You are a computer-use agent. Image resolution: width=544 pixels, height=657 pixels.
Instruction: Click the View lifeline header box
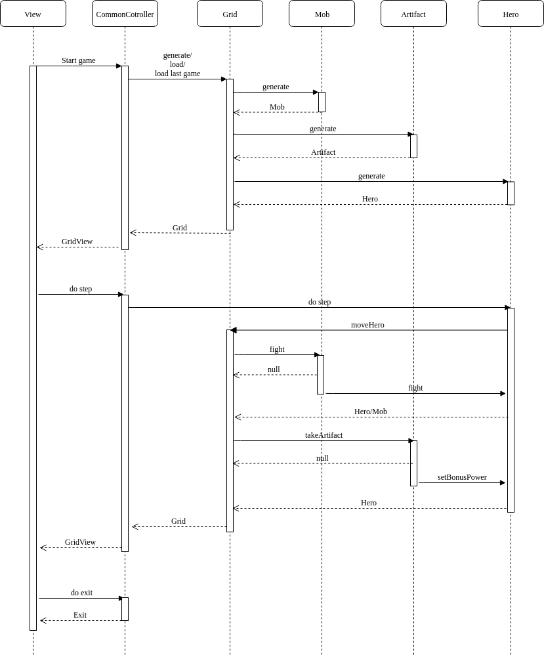click(x=33, y=14)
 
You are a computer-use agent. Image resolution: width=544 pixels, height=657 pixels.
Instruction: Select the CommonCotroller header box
click(x=125, y=14)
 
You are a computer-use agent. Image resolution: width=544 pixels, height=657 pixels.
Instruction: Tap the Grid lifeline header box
click(x=230, y=14)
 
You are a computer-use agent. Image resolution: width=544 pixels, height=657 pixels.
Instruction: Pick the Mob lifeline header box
click(x=322, y=14)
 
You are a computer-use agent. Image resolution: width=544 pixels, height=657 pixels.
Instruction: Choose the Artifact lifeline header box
click(x=413, y=14)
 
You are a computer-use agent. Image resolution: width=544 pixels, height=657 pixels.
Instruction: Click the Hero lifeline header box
click(x=511, y=14)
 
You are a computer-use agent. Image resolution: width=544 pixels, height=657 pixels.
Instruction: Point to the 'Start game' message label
click(x=79, y=60)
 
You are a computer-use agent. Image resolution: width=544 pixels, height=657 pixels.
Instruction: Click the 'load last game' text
click(x=177, y=74)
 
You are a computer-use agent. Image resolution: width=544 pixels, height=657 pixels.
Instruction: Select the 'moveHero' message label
click(x=367, y=325)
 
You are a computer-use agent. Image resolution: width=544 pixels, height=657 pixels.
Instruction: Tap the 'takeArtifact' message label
click(x=324, y=435)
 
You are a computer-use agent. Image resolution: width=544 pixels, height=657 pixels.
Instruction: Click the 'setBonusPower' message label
click(x=462, y=477)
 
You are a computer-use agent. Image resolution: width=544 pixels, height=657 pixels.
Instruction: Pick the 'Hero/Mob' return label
click(x=371, y=412)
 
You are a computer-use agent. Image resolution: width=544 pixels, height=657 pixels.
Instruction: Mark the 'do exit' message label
click(x=81, y=593)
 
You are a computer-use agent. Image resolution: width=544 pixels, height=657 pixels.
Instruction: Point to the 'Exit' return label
click(x=80, y=615)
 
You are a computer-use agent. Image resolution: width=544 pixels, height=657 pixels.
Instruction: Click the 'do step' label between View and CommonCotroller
click(x=81, y=289)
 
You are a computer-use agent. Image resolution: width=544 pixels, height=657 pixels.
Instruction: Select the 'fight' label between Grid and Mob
click(x=277, y=349)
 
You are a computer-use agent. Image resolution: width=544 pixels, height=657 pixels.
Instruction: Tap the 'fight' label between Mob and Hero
click(x=415, y=388)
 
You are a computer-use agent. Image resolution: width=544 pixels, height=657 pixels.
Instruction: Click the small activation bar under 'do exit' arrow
click(x=125, y=608)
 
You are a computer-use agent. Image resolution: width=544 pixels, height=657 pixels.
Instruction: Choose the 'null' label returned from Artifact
click(x=322, y=458)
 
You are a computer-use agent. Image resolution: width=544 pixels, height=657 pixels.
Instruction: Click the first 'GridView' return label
click(x=77, y=242)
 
